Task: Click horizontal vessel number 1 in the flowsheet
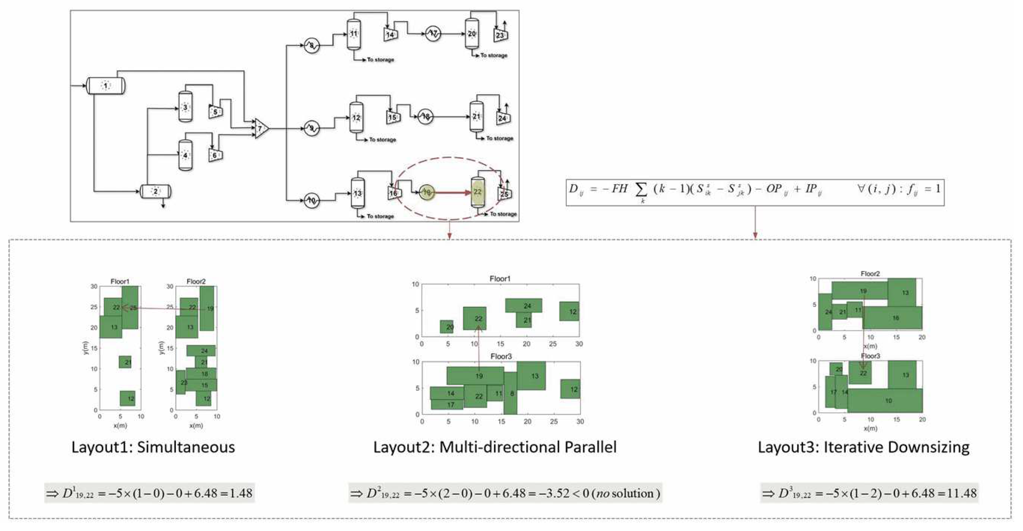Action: click(x=105, y=86)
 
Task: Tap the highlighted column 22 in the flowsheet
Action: click(x=478, y=192)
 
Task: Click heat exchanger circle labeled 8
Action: click(x=312, y=46)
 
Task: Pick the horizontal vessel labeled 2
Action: click(x=156, y=191)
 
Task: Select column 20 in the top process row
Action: click(x=472, y=34)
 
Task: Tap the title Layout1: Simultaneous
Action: click(x=153, y=447)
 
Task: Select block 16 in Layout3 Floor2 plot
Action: click(x=895, y=318)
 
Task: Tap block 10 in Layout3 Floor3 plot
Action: click(x=888, y=400)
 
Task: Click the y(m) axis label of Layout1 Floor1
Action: click(x=84, y=348)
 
